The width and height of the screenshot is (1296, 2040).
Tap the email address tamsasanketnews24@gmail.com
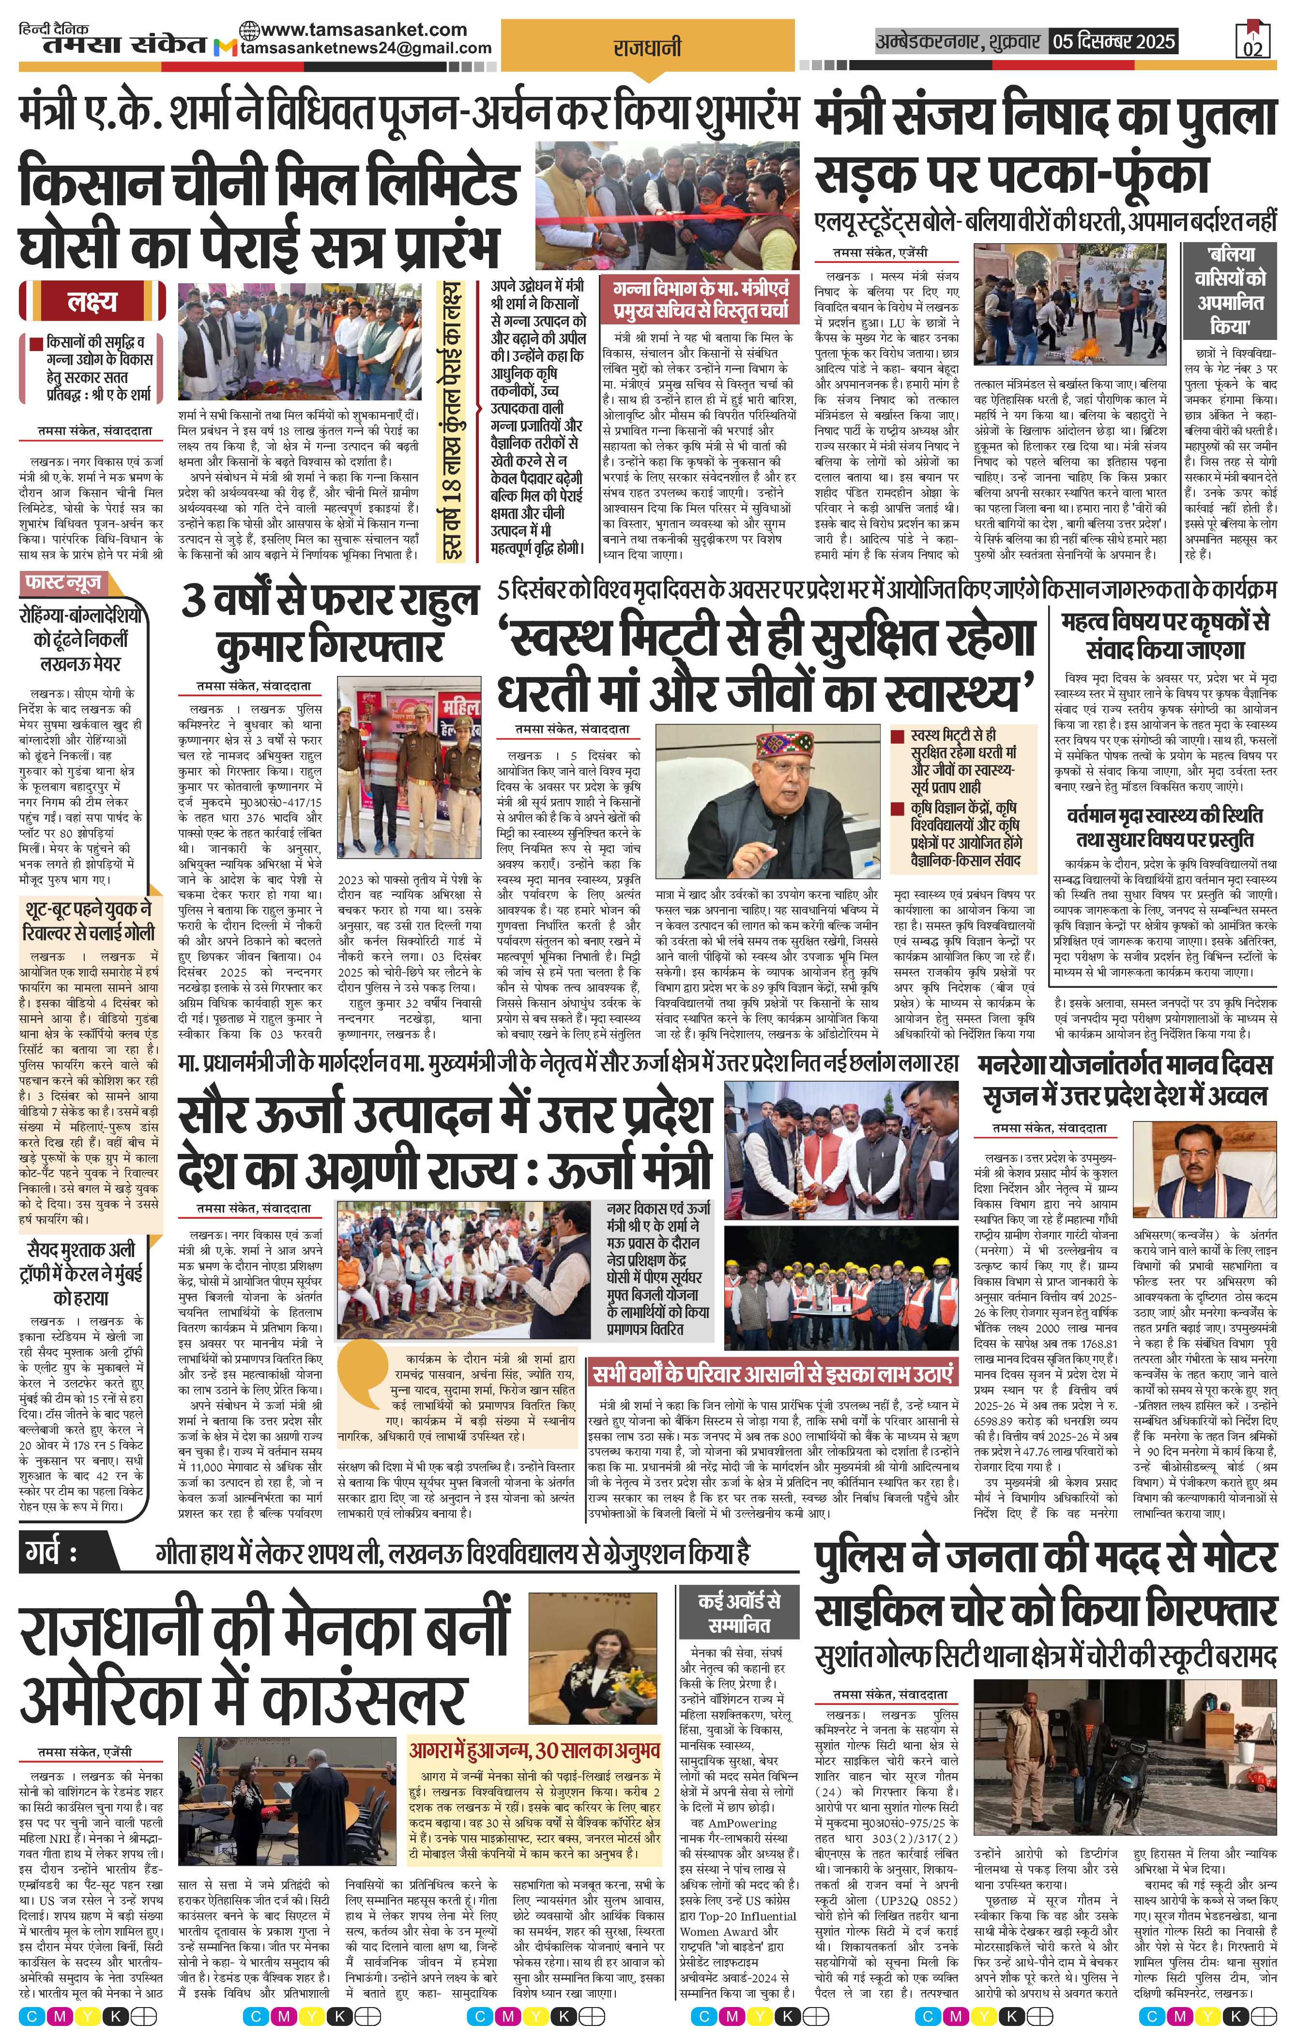click(364, 48)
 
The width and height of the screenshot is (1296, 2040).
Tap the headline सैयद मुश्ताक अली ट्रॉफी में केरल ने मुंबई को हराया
click(85, 1273)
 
